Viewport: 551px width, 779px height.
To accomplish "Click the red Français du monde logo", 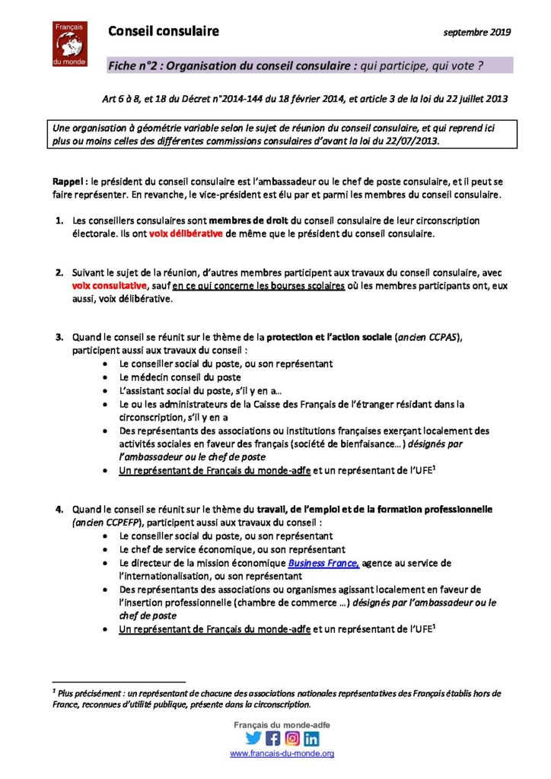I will (x=71, y=44).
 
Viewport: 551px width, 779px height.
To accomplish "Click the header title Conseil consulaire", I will (x=163, y=31).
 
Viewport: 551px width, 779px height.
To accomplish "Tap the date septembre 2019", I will (x=477, y=33).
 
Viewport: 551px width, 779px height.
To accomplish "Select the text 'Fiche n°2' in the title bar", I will (x=134, y=66).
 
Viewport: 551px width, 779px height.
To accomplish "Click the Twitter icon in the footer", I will (x=253, y=738).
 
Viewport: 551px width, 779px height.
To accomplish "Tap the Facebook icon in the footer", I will (x=272, y=738).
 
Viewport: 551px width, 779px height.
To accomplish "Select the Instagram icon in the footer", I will (x=292, y=738).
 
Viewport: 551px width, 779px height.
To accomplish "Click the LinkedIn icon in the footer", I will (x=311, y=738).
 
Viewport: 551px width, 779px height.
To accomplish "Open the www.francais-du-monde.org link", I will (x=282, y=753).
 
